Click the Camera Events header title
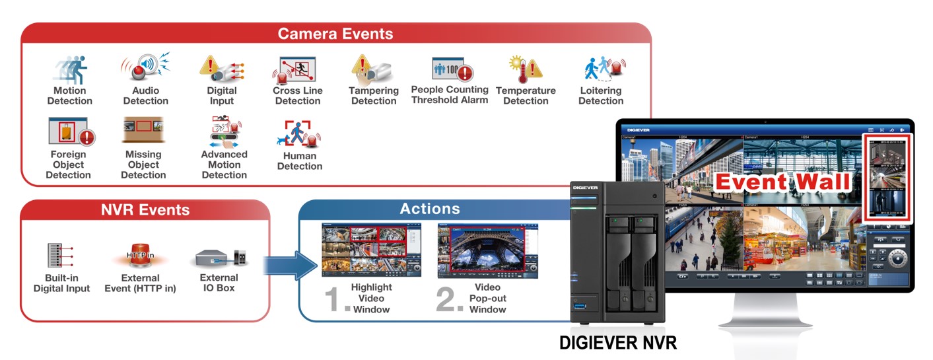click(335, 34)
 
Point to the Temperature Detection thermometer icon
click(525, 69)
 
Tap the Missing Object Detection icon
click(143, 131)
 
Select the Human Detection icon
click(299, 135)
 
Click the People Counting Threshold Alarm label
click(450, 94)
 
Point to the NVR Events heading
click(145, 210)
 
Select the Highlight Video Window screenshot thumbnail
click(371, 250)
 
